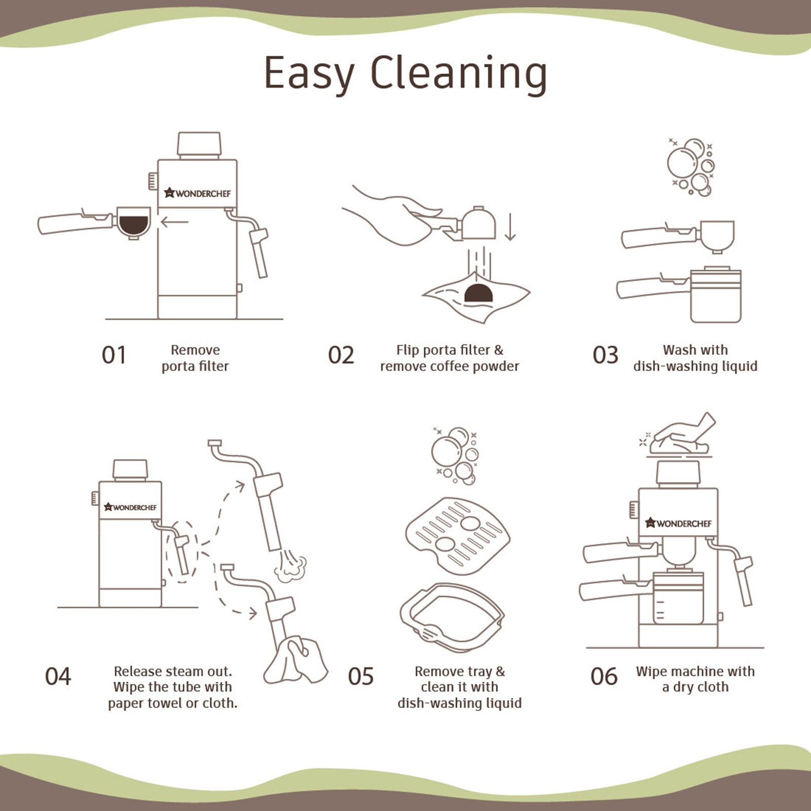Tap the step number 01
[x=114, y=355]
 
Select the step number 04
[x=58, y=676]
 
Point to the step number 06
[x=604, y=676]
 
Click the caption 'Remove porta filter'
[x=195, y=358]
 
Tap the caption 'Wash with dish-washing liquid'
[x=695, y=358]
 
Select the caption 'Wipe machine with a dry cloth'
[x=695, y=679]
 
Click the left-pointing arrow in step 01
[x=174, y=222]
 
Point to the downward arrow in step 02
[x=510, y=227]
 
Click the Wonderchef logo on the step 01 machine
[x=197, y=193]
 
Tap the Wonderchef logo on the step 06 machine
[x=678, y=523]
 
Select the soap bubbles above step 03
[x=691, y=167]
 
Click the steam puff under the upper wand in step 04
[x=290, y=566]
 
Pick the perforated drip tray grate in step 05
[x=458, y=532]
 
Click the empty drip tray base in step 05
[x=452, y=617]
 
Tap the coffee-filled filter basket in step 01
[x=134, y=222]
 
